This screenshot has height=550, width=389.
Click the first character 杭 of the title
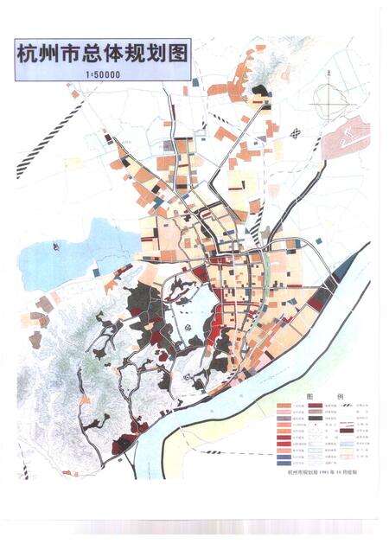29,54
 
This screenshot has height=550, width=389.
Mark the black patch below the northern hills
265,89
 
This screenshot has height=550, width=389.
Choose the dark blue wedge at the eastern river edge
344,270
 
